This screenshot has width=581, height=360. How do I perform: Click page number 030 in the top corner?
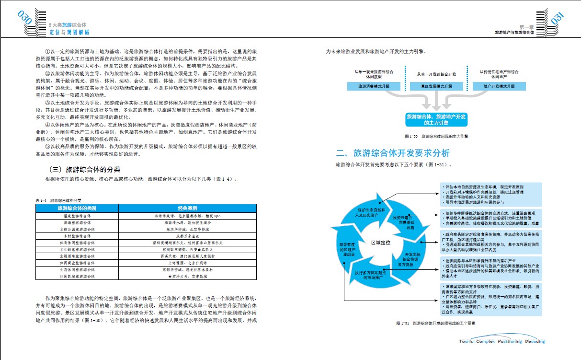pos(24,18)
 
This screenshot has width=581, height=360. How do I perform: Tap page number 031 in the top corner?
pos(559,18)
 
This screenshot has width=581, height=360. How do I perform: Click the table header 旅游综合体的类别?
pos(77,209)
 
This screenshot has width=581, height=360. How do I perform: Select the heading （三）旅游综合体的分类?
pos(84,170)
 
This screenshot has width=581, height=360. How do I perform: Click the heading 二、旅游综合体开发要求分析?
pos(393,153)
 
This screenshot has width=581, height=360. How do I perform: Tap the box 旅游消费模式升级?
pos(373,87)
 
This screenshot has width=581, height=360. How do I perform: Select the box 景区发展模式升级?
pos(436,87)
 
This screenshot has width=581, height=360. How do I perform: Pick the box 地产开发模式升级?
pos(499,87)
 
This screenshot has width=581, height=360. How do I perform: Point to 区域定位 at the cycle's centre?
pos(381,242)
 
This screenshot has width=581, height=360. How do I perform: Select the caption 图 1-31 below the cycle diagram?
pos(436,323)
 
